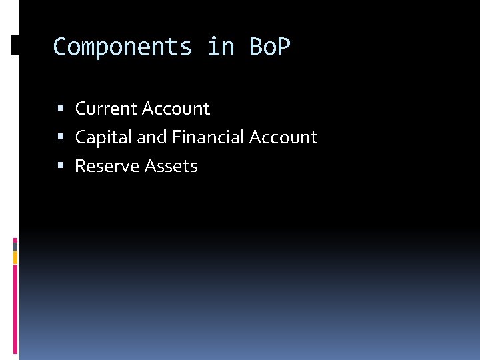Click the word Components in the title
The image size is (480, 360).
click(x=123, y=47)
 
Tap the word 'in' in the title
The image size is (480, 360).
click(x=220, y=47)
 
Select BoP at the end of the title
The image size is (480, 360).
click(x=270, y=47)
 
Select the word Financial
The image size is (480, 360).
click(x=207, y=138)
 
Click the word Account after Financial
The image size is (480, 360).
click(x=283, y=138)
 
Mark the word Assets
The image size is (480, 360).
click(x=172, y=167)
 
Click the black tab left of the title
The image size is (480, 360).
click(x=15, y=45)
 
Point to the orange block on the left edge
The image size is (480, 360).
click(x=15, y=257)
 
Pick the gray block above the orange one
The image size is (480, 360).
click(x=15, y=247)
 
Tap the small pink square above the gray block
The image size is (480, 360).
click(x=15, y=240)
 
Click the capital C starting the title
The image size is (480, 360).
click(x=60, y=47)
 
